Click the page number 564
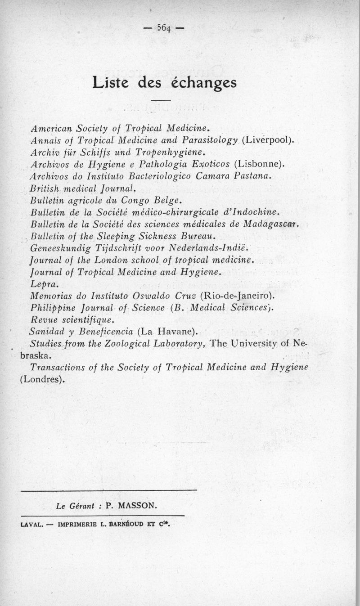click(163, 28)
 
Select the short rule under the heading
click(162, 99)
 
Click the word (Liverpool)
click(268, 139)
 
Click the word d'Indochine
click(253, 211)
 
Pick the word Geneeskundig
click(61, 247)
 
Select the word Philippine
click(51, 308)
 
